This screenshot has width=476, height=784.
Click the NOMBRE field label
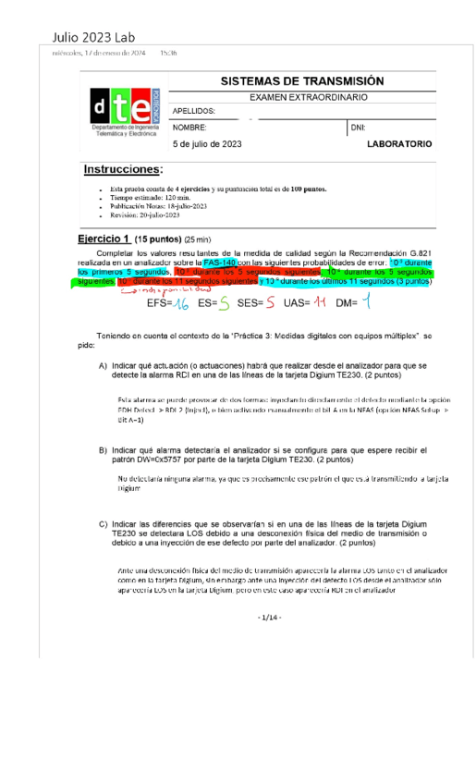pos(189,128)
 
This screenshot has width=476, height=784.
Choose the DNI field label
pos(358,128)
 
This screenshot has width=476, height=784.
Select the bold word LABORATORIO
pos(398,144)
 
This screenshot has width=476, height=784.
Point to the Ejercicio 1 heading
pos(104,239)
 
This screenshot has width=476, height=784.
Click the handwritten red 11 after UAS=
pos(320,301)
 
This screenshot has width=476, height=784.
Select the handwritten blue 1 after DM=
pos(366,300)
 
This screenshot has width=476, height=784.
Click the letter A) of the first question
pos(104,366)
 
